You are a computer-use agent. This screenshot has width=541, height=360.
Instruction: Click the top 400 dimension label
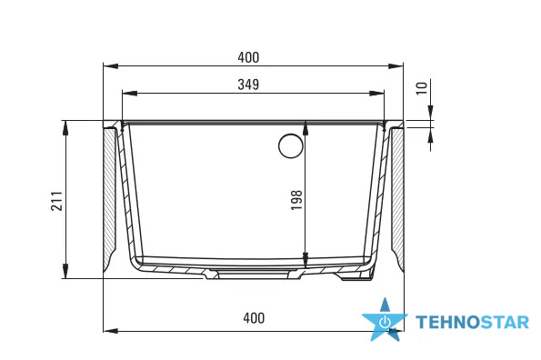(x=248, y=57)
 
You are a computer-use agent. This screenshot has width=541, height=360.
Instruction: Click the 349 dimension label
(x=248, y=85)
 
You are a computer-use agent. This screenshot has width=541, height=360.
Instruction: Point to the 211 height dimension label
(x=57, y=201)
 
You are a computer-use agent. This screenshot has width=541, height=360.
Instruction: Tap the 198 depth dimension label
(x=296, y=200)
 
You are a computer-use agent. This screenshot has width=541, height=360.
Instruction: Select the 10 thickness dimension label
(x=422, y=88)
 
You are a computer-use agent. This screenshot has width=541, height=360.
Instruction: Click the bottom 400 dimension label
(x=254, y=318)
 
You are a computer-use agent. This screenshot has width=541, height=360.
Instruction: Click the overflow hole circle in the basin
(x=291, y=145)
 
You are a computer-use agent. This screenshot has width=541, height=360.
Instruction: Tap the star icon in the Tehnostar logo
(x=385, y=320)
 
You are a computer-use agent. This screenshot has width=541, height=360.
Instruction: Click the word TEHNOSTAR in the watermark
(x=472, y=323)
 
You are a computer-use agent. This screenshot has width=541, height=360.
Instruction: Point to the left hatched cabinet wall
(x=110, y=198)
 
